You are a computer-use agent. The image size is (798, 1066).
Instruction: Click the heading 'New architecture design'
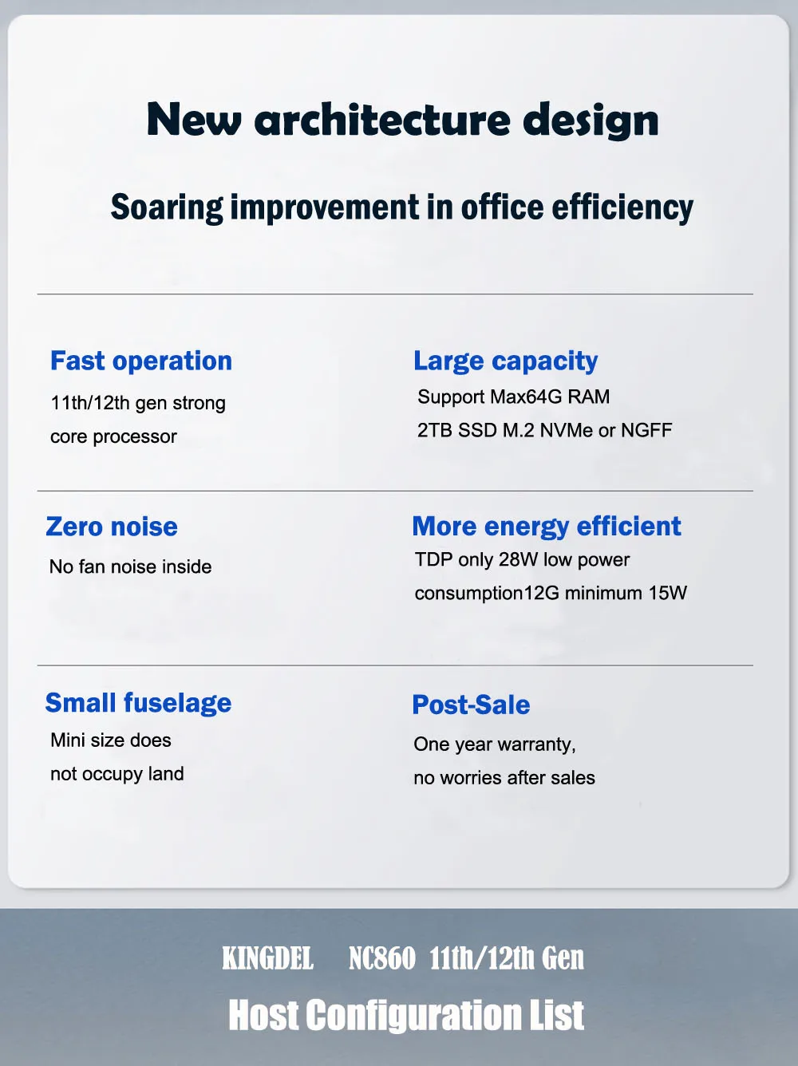[403, 120]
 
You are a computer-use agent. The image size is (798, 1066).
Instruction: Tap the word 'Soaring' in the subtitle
[167, 207]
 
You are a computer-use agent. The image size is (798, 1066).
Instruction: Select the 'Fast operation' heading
[141, 361]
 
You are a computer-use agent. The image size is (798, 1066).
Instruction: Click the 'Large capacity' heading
[506, 361]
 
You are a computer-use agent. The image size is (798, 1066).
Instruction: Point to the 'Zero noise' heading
[112, 527]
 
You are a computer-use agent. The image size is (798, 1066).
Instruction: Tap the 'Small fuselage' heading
[138, 704]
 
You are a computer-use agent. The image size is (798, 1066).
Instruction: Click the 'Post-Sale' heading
[471, 705]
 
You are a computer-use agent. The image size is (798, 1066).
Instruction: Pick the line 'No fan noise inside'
[131, 567]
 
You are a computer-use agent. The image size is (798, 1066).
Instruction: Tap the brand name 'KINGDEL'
[267, 958]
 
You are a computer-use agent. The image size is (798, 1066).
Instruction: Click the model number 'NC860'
[382, 958]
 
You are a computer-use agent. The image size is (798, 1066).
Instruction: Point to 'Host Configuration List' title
[406, 1015]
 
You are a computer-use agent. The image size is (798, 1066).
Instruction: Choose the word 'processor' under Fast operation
[135, 437]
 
